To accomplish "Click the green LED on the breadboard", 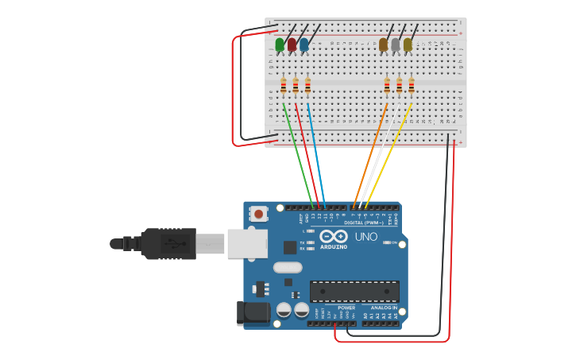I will [x=280, y=45].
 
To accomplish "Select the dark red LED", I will [x=292, y=45].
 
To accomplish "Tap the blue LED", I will [x=303, y=45].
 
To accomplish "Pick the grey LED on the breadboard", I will [x=396, y=45].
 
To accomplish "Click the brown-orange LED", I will [x=384, y=45].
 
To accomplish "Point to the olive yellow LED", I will [x=408, y=45].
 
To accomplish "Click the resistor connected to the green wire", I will [x=283, y=85].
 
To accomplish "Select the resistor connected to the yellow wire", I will [x=411, y=85].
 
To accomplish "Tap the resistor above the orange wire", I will [x=387, y=85].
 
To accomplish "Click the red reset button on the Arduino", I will [x=258, y=214].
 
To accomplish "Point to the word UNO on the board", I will [x=365, y=237].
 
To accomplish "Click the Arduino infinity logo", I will [x=334, y=236].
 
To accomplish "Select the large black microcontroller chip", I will [x=354, y=291].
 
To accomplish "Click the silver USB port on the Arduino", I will [x=247, y=243].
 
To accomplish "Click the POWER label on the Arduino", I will [x=346, y=308].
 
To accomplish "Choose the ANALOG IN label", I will [x=384, y=308].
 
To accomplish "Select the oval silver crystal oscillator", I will [x=288, y=268].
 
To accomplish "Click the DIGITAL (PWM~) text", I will [x=364, y=223].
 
